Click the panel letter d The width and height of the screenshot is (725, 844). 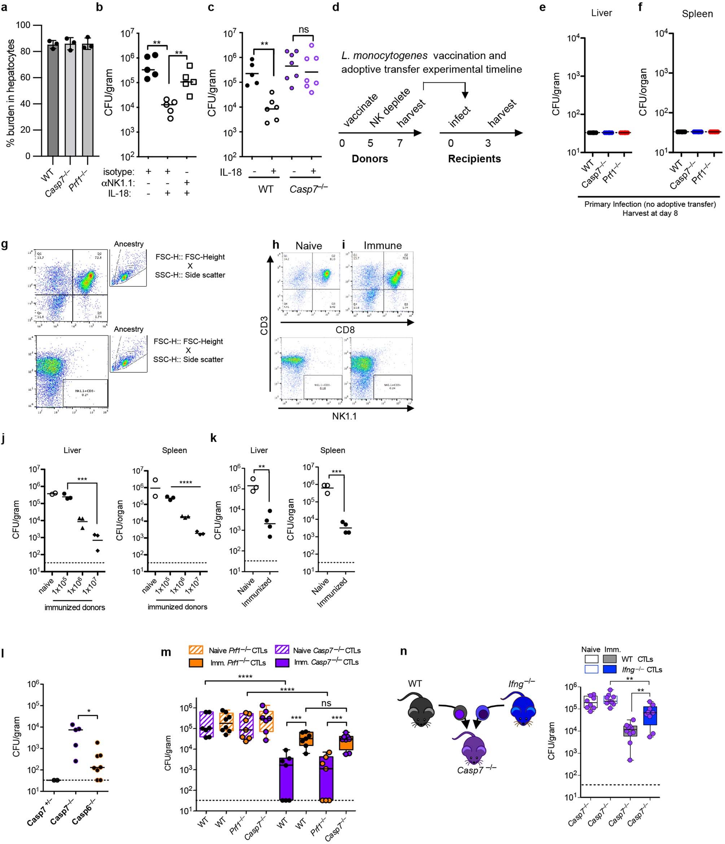point(336,7)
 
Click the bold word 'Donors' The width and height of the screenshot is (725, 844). point(370,159)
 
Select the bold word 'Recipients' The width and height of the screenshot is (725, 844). point(474,159)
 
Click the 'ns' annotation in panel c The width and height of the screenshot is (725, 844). point(303,29)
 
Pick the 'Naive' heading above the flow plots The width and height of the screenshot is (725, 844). point(309,246)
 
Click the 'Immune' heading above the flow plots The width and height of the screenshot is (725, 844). point(383,246)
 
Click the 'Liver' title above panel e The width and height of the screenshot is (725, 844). point(601,13)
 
